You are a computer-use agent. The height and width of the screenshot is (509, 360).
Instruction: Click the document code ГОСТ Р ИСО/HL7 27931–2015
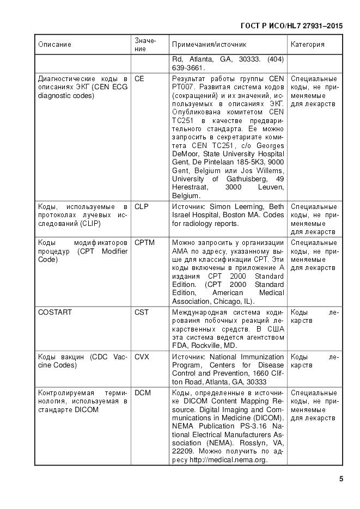(291, 26)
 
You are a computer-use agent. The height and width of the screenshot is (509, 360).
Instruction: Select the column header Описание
(54, 45)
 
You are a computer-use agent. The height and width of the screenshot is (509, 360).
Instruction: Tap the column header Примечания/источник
(209, 45)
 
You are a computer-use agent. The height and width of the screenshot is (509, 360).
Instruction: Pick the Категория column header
(308, 45)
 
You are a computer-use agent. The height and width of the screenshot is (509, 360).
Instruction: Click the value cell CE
(139, 79)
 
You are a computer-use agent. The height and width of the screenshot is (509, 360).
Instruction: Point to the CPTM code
(144, 242)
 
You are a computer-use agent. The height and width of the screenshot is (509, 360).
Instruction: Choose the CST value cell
(141, 312)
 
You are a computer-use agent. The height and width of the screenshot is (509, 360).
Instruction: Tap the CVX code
(142, 357)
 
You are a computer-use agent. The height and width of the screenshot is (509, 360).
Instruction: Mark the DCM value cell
(143, 392)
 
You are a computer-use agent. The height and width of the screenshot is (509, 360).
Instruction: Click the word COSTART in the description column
(55, 312)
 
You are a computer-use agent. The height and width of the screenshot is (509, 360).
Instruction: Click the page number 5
(340, 480)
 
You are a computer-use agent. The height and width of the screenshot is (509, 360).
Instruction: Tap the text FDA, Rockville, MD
(204, 345)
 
